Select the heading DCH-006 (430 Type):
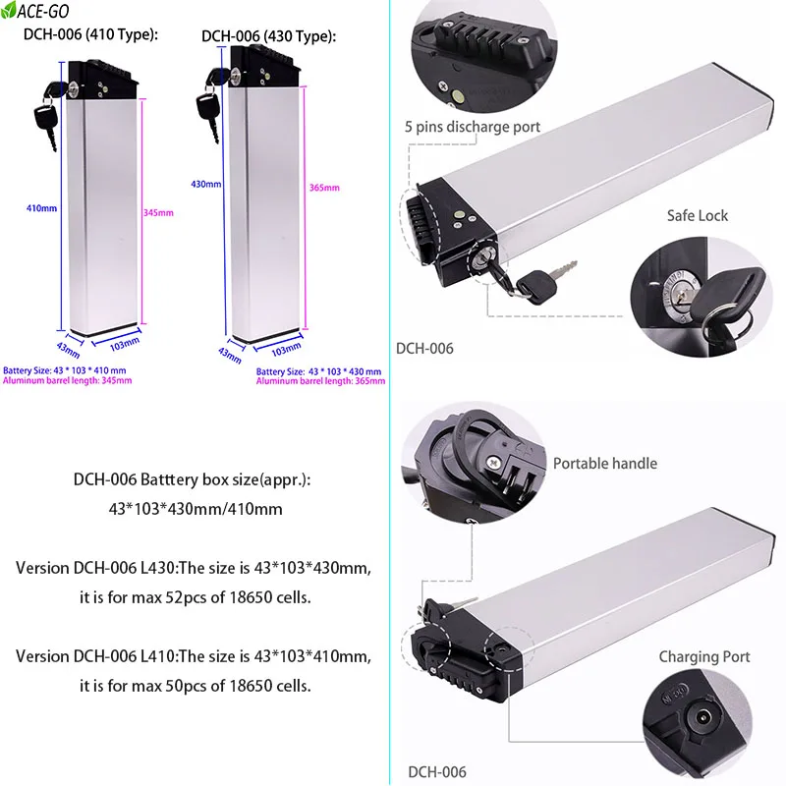click(x=268, y=36)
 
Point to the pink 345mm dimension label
click(x=158, y=213)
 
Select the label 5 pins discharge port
click(x=472, y=127)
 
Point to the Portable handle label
click(x=604, y=463)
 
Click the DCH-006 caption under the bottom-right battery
click(x=437, y=772)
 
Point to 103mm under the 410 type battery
click(x=118, y=345)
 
